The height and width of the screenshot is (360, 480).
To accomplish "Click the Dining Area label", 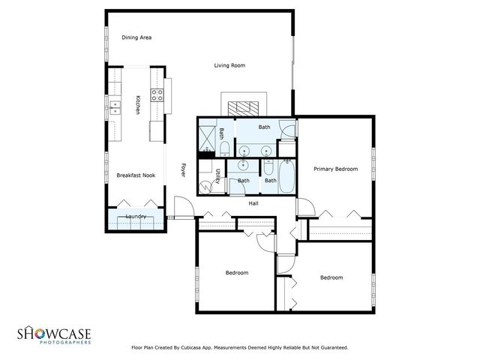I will pos(137,37).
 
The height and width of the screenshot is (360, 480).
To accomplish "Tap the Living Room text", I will pos(229,66).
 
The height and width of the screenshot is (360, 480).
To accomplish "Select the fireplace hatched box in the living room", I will pos(242,105).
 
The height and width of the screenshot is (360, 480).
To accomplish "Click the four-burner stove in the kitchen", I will pos(158,95).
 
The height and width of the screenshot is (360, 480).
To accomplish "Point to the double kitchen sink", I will pos(115,106).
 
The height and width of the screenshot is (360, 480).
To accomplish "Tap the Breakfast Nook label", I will pos(136,175).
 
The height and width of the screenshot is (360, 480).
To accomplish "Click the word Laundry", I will pos(136,217).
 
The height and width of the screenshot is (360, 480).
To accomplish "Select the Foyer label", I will pos(183,171).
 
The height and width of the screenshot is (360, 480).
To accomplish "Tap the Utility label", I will pos(217,177).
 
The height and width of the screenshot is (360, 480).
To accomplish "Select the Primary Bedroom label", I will pos(335,169).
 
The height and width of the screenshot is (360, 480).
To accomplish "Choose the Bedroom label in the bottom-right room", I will pos(331,277).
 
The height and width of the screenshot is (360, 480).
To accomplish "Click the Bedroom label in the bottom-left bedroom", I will pos(237,272).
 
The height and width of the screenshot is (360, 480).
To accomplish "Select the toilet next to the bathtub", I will pos(269,179).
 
